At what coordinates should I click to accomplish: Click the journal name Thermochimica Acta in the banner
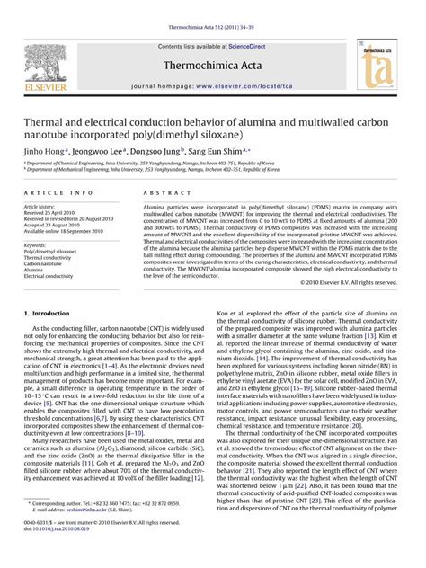point(212,65)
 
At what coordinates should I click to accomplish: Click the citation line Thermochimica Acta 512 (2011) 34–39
point(212,6)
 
